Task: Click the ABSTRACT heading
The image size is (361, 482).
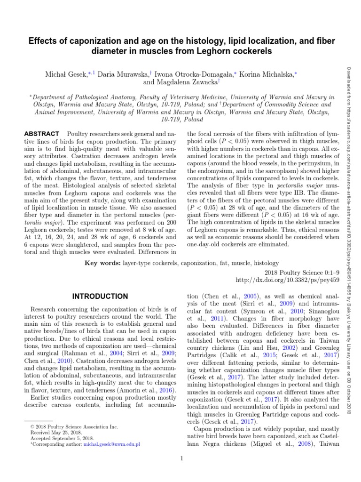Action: [x=41, y=134]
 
